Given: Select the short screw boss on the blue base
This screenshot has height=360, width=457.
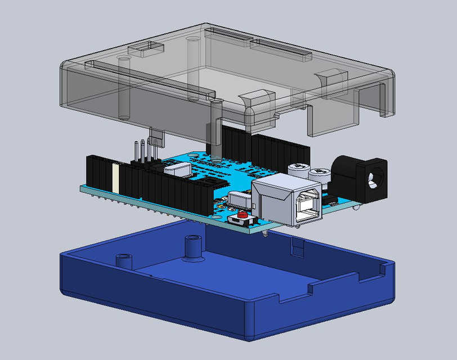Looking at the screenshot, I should click(x=123, y=260).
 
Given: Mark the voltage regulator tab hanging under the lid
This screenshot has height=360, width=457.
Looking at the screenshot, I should click(x=156, y=137).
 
